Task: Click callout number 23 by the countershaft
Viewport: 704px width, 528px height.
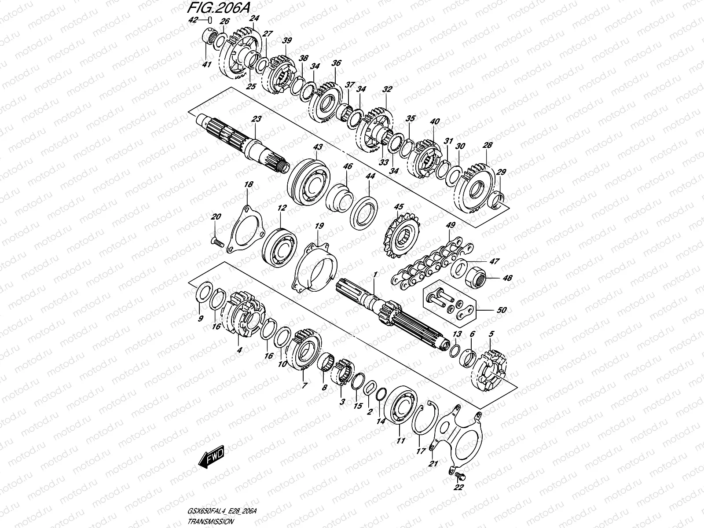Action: point(257,119)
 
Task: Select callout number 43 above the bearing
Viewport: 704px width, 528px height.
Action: point(317,146)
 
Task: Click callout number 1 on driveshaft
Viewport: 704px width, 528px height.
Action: point(375,274)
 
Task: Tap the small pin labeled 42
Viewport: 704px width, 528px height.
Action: point(210,20)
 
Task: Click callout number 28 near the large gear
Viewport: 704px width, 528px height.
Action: point(488,145)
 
